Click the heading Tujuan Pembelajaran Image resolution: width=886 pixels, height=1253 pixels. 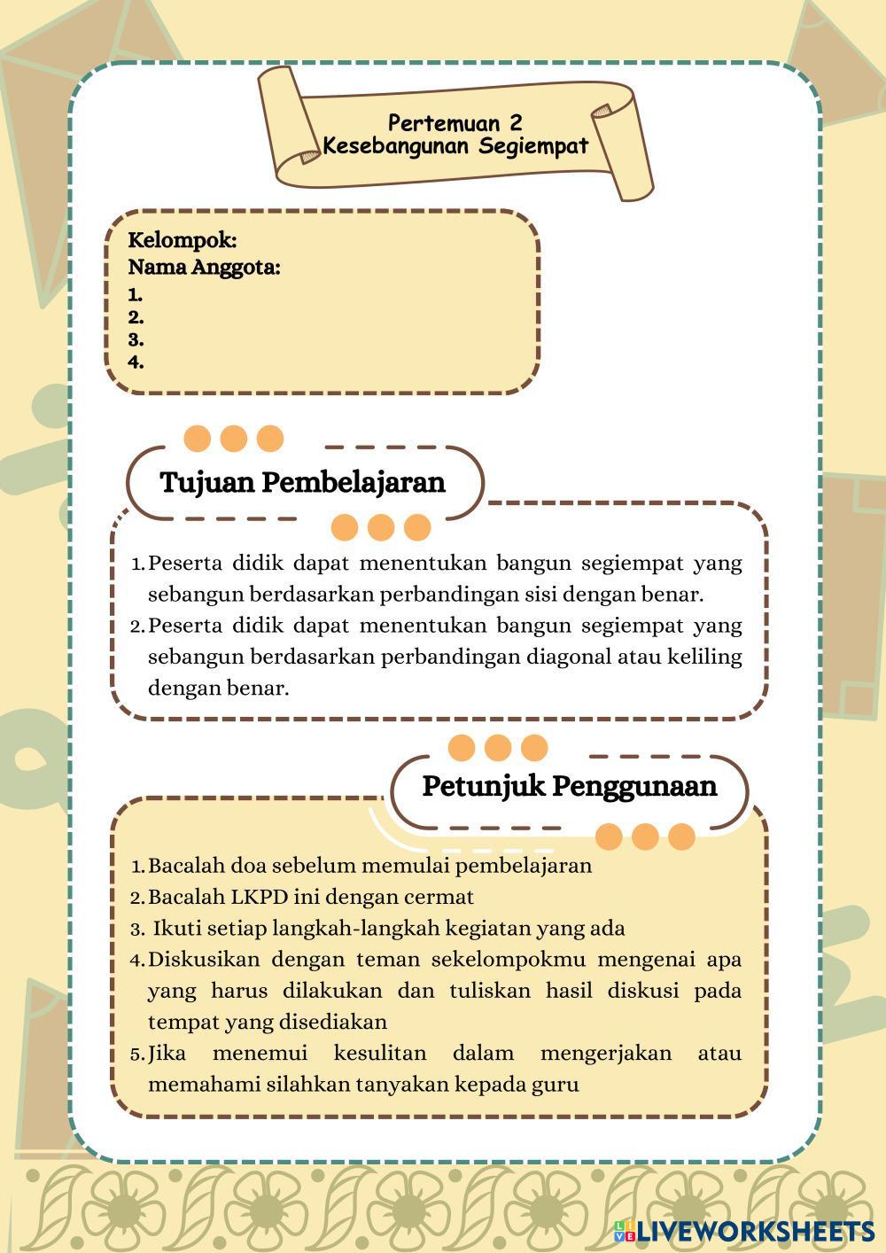click(x=302, y=483)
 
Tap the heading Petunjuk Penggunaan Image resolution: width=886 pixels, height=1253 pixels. click(x=569, y=786)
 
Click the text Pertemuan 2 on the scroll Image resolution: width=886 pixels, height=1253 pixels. click(x=455, y=123)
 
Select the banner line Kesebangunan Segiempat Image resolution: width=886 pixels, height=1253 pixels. click(x=455, y=146)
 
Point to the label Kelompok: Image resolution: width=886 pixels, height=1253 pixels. click(x=183, y=240)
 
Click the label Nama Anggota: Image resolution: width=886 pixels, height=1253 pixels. click(x=204, y=267)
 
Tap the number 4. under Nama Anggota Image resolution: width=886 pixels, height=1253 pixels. click(x=136, y=362)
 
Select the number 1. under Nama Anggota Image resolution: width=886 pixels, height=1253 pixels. click(x=135, y=295)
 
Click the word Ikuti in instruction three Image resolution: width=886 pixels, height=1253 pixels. click(x=175, y=929)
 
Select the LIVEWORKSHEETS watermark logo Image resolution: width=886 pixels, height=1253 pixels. click(x=742, y=1231)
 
